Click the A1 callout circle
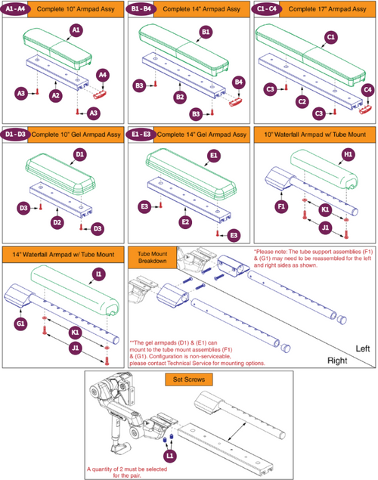click(x=76, y=29)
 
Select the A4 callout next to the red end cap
click(x=104, y=74)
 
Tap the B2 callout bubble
click(x=179, y=98)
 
